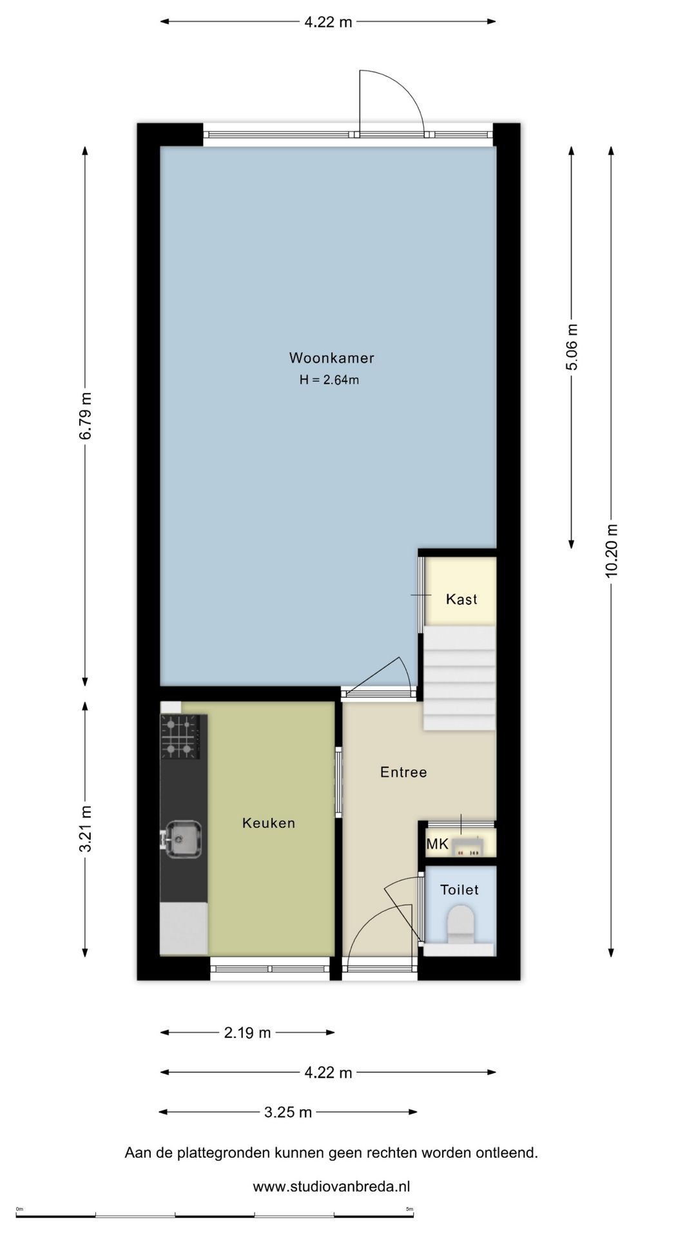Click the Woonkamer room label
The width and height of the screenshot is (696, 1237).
(331, 358)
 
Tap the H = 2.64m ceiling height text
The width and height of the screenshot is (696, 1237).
(329, 380)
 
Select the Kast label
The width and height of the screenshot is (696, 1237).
(461, 599)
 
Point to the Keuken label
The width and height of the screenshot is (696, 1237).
(269, 823)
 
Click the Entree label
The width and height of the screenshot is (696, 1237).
(403, 772)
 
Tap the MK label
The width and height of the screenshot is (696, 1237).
(437, 843)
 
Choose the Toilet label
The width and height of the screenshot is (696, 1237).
(459, 890)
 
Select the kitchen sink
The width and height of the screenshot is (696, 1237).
(183, 839)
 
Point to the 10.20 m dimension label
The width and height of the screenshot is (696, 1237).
(612, 551)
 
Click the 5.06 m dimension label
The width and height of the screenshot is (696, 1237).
(572, 347)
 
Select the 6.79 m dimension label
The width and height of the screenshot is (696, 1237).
(85, 416)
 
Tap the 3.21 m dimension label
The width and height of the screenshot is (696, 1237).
(85, 829)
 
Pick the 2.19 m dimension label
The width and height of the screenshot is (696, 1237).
(247, 1033)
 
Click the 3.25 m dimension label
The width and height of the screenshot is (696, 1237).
(288, 1112)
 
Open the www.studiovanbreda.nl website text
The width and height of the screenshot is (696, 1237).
(331, 1187)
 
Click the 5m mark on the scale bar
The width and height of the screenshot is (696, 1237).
(410, 1209)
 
